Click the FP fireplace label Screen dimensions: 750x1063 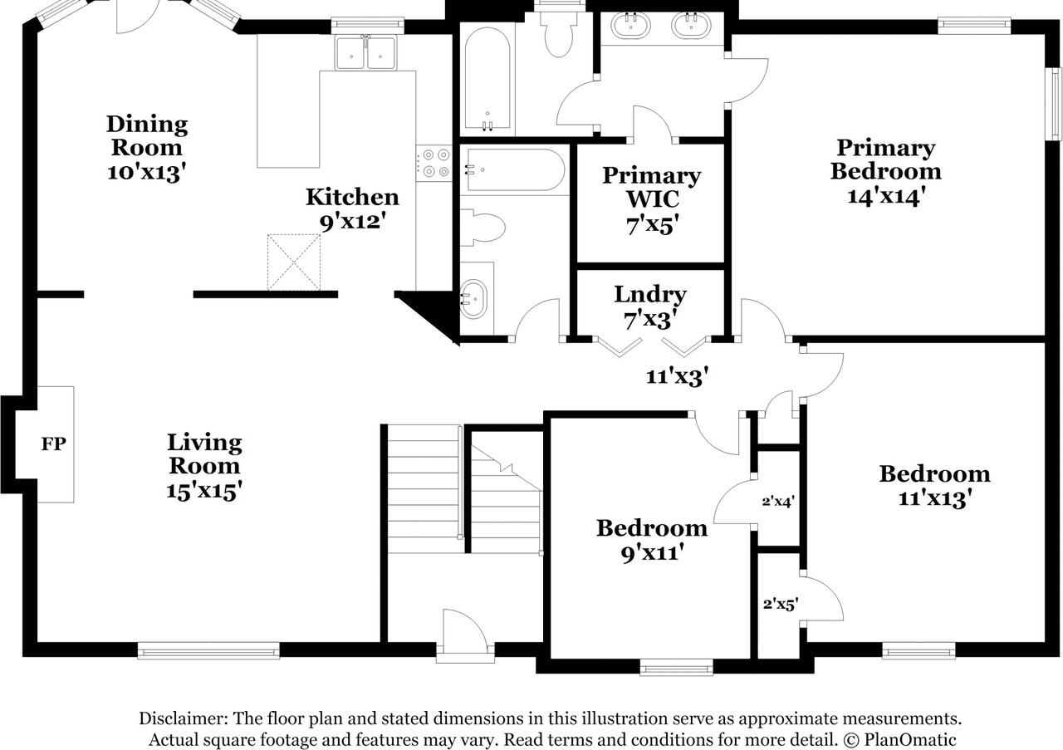pos(54,444)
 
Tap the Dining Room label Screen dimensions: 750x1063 pos(146,136)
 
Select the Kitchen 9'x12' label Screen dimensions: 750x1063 pos(352,208)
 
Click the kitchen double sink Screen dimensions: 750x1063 pos(365,55)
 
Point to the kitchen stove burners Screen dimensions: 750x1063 pos(434,163)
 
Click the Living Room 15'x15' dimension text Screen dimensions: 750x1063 pos(203,490)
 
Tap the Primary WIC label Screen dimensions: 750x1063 pos(651,188)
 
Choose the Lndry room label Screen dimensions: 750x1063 pos(649,295)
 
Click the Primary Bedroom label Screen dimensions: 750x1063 pos(885,159)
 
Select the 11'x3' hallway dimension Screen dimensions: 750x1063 pos(676,377)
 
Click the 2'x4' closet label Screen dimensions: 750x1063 pos(779,501)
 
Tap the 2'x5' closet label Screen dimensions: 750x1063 pos(780,605)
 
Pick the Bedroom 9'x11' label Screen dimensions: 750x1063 pos(651,539)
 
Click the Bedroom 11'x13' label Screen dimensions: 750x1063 pos(934,485)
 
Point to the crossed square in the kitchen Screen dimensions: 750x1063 pos(293,262)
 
